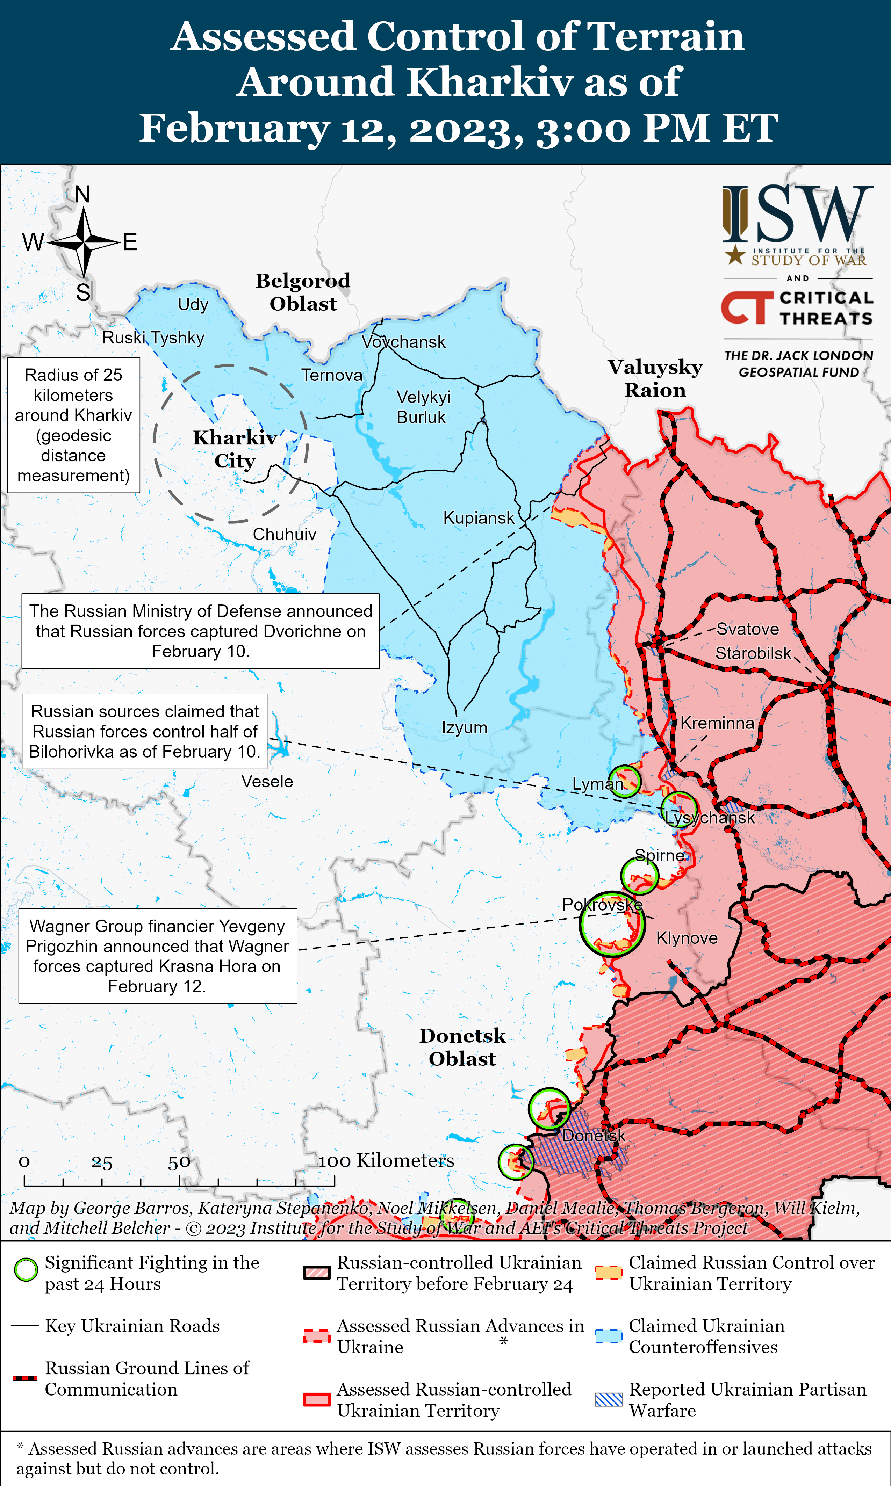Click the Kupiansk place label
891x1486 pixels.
tap(479, 518)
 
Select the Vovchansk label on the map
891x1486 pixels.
tap(403, 342)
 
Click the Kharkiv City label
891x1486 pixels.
tap(235, 449)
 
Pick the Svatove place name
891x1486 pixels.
tap(747, 629)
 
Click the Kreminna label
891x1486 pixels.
tap(717, 723)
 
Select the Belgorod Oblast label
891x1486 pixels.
tap(303, 292)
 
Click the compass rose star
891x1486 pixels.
tap(84, 242)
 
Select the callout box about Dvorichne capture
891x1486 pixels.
tap(201, 631)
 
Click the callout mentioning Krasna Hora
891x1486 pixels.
tap(157, 956)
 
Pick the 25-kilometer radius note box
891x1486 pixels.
tap(73, 425)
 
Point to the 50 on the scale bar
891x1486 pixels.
tap(179, 1162)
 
